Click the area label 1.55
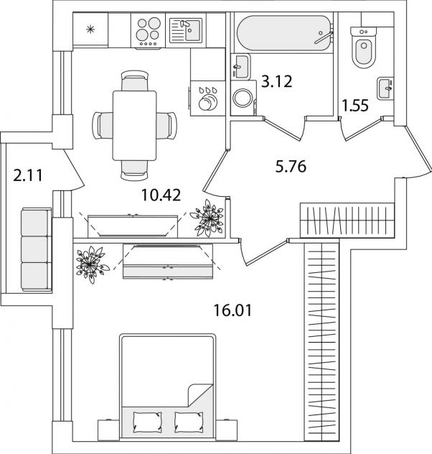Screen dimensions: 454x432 356,106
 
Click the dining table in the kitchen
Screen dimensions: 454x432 136,123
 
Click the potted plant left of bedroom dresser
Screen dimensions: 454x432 90,261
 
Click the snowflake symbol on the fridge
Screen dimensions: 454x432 90,30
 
